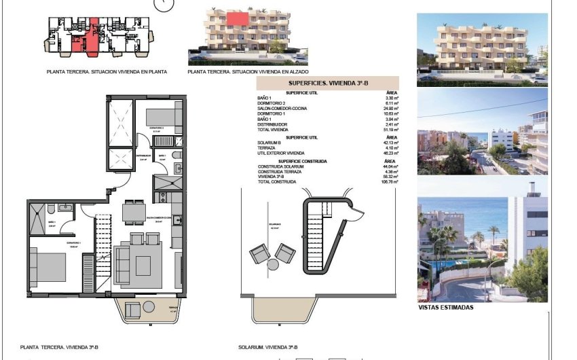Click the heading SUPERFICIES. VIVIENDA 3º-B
click(x=327, y=84)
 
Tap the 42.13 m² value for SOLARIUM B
click(x=389, y=143)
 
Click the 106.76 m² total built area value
click(x=388, y=182)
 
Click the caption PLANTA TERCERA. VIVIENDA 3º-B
click(x=59, y=347)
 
